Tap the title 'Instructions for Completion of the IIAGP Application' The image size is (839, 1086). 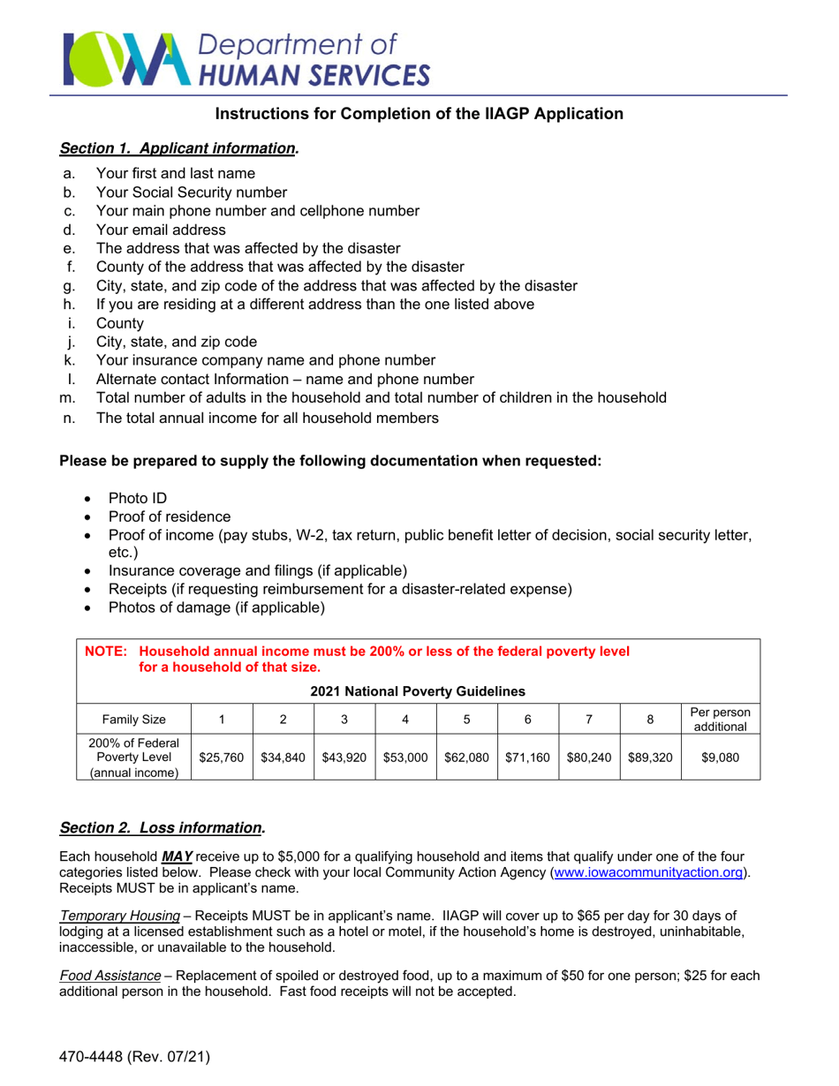pos(419,114)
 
